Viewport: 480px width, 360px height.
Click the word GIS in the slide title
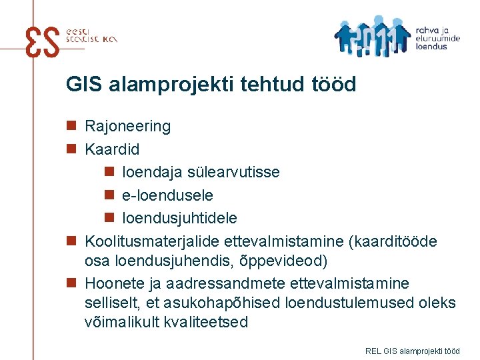[83, 85]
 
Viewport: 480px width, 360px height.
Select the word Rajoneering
[127, 126]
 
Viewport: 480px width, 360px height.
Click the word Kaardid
[112, 149]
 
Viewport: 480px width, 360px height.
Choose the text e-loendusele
[167, 195]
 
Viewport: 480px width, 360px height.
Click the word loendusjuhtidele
[179, 218]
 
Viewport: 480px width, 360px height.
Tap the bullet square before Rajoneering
[71, 126]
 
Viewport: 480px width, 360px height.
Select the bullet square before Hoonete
[71, 283]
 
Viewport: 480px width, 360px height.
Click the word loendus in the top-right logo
[431, 47]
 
